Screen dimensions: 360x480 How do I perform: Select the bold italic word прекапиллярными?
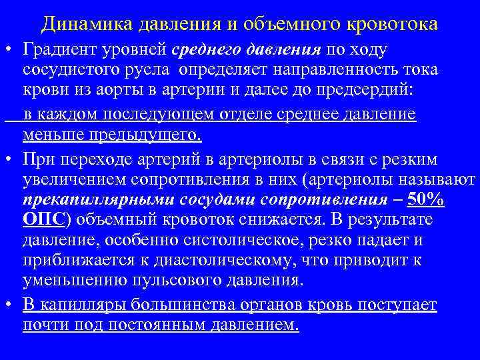[x=91, y=201]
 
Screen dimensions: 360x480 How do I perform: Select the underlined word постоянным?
[x=173, y=326]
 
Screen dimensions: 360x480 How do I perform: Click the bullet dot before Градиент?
[x=9, y=51]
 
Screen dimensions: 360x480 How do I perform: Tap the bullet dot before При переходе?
[x=9, y=159]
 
